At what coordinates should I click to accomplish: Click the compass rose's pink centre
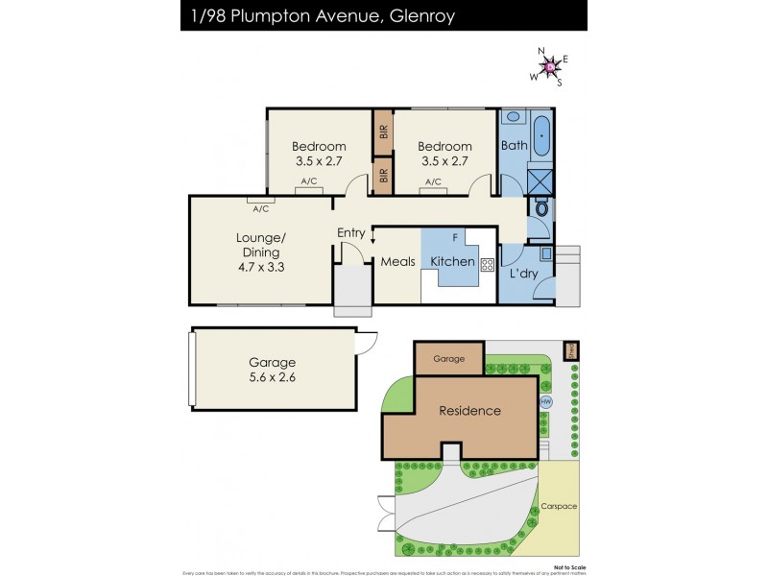click(550, 67)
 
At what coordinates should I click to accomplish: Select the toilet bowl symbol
click(541, 207)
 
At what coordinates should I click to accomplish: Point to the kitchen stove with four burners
click(487, 263)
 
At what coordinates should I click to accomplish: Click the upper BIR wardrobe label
click(383, 133)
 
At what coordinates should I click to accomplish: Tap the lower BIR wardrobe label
click(383, 177)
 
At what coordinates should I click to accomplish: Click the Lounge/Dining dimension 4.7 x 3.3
click(261, 268)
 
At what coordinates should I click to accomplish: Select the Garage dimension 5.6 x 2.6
click(272, 377)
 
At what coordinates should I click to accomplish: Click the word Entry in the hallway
click(351, 232)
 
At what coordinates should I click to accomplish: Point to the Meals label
click(397, 262)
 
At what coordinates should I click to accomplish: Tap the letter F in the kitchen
click(455, 235)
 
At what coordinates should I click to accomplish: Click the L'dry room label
click(523, 275)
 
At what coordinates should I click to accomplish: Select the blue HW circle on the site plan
click(546, 401)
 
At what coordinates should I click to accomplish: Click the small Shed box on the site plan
click(568, 350)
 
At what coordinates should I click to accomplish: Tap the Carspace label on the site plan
click(558, 506)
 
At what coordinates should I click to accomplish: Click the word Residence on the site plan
click(469, 411)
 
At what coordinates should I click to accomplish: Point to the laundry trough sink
click(545, 254)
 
